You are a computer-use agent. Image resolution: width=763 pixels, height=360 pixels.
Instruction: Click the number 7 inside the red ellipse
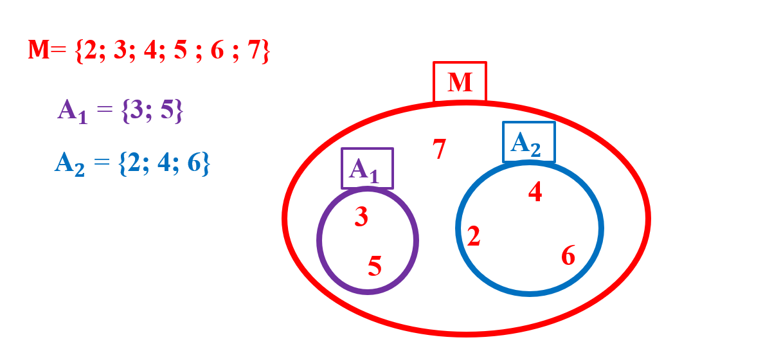(x=439, y=149)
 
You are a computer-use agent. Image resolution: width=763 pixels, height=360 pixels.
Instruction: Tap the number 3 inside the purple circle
(x=361, y=217)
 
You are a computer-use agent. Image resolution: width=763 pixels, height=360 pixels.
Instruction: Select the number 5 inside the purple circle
(x=375, y=265)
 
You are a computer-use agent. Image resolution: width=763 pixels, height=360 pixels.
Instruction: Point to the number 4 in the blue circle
(x=535, y=192)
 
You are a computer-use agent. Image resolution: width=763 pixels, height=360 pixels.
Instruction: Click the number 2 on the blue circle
(x=474, y=237)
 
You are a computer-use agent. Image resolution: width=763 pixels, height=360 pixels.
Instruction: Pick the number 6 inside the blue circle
(x=568, y=256)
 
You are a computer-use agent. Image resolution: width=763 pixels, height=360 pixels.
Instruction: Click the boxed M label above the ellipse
(x=460, y=82)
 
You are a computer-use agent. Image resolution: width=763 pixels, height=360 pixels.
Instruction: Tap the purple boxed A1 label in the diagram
(x=366, y=169)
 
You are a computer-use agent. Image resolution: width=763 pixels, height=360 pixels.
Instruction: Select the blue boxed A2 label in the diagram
(x=528, y=143)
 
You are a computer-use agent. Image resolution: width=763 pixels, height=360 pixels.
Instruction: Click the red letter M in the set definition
(x=39, y=50)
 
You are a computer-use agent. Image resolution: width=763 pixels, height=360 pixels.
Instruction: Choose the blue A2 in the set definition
(x=69, y=163)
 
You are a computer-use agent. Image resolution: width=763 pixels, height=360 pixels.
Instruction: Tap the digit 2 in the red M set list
(x=90, y=51)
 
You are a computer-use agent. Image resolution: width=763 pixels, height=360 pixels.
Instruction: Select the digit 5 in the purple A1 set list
(x=168, y=111)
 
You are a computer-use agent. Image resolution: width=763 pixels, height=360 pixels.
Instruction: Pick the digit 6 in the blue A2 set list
(x=193, y=163)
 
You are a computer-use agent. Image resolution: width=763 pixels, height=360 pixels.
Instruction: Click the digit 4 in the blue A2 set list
(x=163, y=163)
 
